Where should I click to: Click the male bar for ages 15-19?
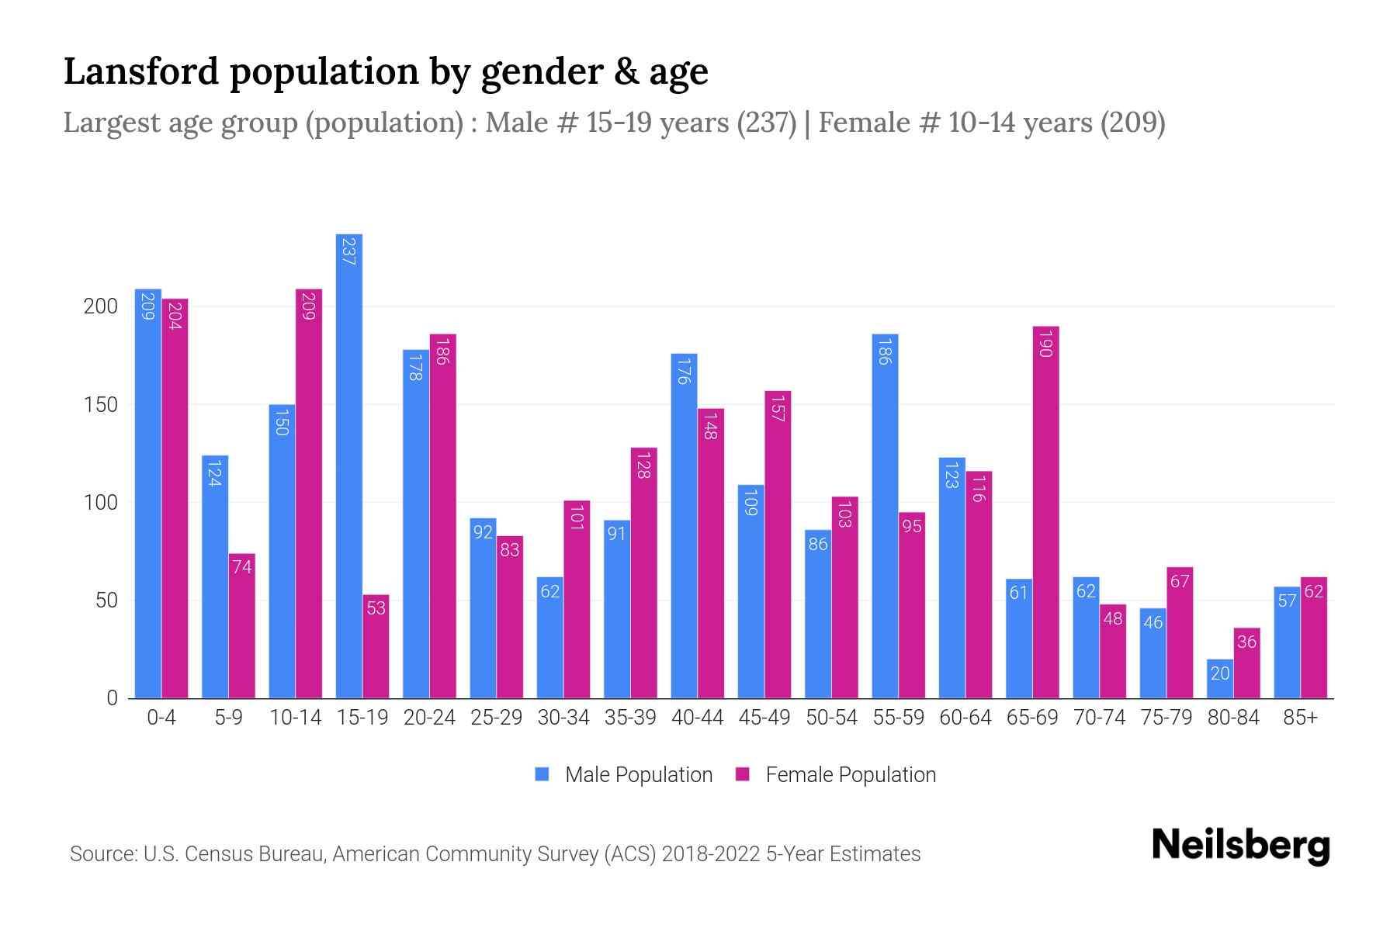(x=349, y=465)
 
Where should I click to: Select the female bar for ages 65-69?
(x=1045, y=512)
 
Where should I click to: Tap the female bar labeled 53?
(x=376, y=646)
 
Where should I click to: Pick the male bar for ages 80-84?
(x=1220, y=679)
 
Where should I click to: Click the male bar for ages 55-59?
(x=885, y=516)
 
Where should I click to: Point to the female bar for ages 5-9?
(x=242, y=625)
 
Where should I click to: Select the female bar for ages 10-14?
(x=309, y=493)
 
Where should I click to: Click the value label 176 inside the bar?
(x=684, y=372)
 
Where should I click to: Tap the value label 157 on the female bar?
(x=778, y=408)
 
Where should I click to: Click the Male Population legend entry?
(x=624, y=775)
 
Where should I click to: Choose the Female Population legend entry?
(x=836, y=775)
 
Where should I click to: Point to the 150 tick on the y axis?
(x=101, y=405)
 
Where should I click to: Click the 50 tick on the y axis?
(x=106, y=600)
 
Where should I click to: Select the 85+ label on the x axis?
(x=1300, y=718)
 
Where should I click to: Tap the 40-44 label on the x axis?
(x=697, y=718)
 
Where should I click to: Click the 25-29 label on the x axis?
(x=496, y=718)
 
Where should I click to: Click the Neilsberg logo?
(x=1240, y=846)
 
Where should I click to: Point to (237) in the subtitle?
(x=767, y=123)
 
